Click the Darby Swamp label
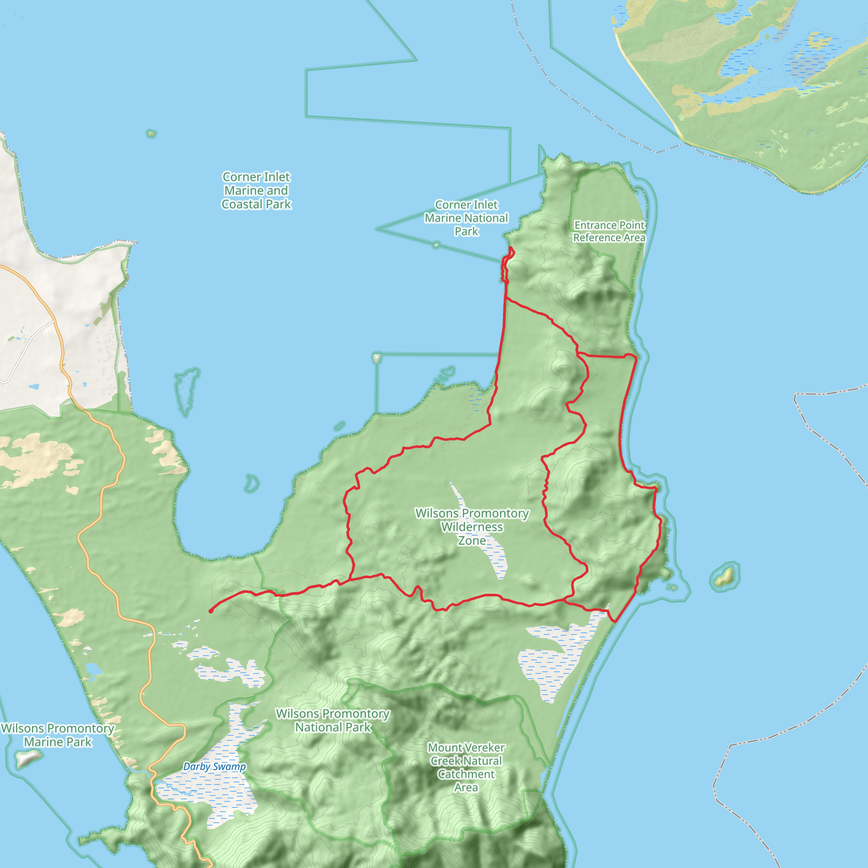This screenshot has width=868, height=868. (214, 767)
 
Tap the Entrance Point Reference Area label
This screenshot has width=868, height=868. (609, 231)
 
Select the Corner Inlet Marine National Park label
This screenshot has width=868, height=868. (466, 218)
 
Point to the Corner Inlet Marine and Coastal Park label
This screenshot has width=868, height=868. (256, 190)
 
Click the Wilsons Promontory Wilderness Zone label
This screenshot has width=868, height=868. (472, 526)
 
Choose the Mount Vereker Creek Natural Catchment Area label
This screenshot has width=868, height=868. (466, 768)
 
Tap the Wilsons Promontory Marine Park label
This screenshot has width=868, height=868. (58, 735)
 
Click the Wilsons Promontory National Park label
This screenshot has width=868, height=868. (333, 720)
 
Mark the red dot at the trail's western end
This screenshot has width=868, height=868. (211, 611)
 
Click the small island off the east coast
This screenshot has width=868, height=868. (724, 576)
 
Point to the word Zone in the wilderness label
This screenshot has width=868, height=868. (472, 540)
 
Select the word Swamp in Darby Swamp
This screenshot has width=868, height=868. (231, 767)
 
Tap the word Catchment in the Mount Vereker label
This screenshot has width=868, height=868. (466, 774)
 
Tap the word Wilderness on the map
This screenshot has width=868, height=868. (472, 526)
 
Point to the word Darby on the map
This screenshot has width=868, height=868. (198, 767)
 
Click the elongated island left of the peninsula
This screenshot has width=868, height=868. (186, 390)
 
